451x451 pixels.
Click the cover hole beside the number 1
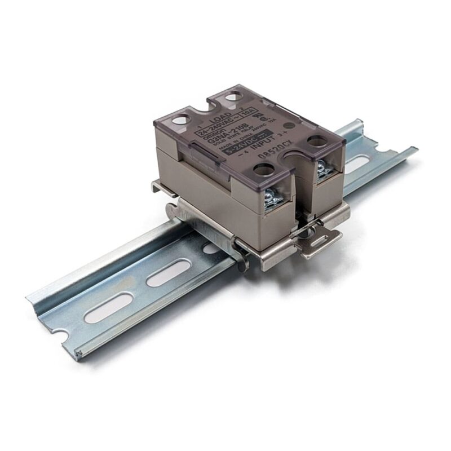click(181, 120)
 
